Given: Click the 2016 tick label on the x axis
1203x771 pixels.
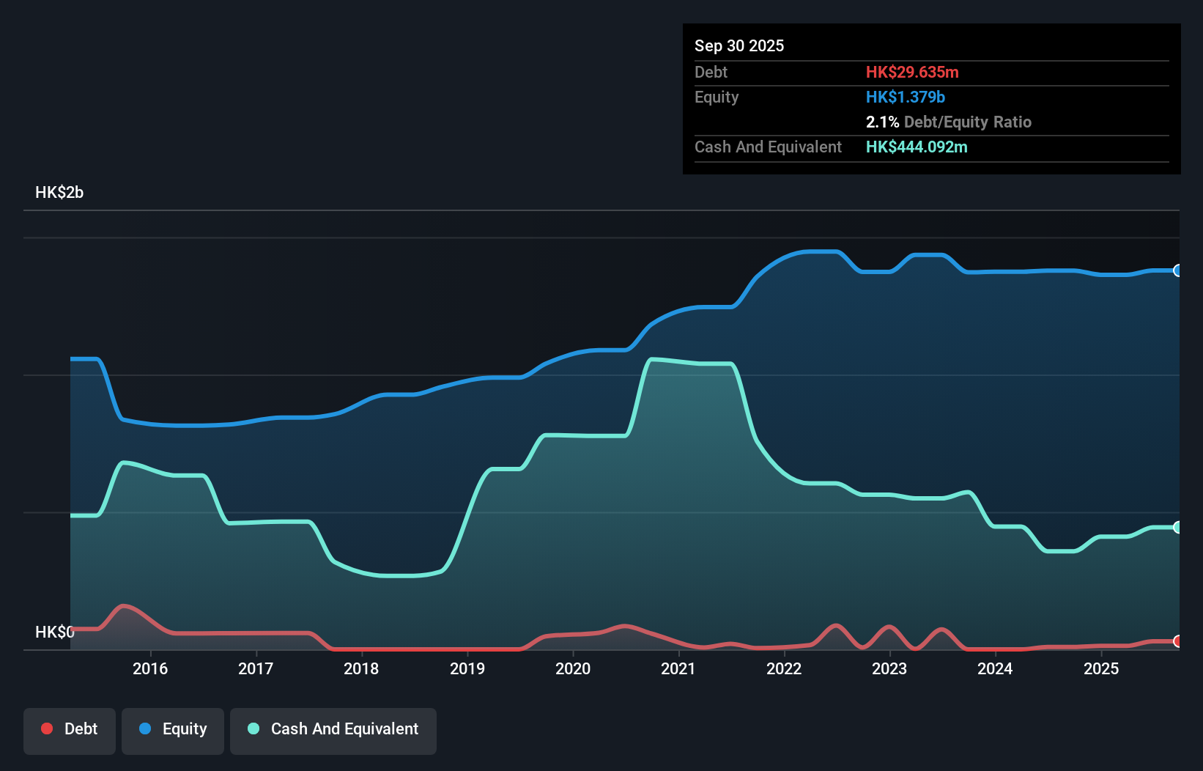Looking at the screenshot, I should [150, 668].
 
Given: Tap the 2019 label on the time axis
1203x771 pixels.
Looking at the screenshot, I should [467, 668].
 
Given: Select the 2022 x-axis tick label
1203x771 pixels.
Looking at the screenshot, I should [784, 668].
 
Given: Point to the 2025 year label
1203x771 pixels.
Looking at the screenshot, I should [1101, 668].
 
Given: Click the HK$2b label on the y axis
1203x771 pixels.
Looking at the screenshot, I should [59, 193].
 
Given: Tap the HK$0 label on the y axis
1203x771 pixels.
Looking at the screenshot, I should [54, 632].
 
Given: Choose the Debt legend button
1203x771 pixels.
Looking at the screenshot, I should [70, 729].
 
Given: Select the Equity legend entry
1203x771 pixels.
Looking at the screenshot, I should [173, 729].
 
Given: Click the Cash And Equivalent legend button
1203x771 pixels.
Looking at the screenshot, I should [333, 729].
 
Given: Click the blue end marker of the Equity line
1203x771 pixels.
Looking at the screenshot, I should [1177, 270].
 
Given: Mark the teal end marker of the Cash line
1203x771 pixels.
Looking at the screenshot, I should [1177, 527].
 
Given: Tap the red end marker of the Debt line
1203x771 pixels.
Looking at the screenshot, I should [1177, 641].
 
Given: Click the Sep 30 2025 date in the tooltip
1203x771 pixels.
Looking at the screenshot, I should [739, 45].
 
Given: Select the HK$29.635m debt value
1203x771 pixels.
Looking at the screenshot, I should [912, 72].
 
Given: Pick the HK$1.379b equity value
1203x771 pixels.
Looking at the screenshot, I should [906, 97].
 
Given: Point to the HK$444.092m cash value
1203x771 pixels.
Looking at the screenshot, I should [917, 147].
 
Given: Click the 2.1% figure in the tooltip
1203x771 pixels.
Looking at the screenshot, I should [882, 122].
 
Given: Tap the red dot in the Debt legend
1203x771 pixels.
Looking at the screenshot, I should [47, 728].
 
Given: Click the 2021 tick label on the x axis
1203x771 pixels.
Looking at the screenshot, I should [678, 668].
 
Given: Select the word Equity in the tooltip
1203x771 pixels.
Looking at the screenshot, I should [717, 97].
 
